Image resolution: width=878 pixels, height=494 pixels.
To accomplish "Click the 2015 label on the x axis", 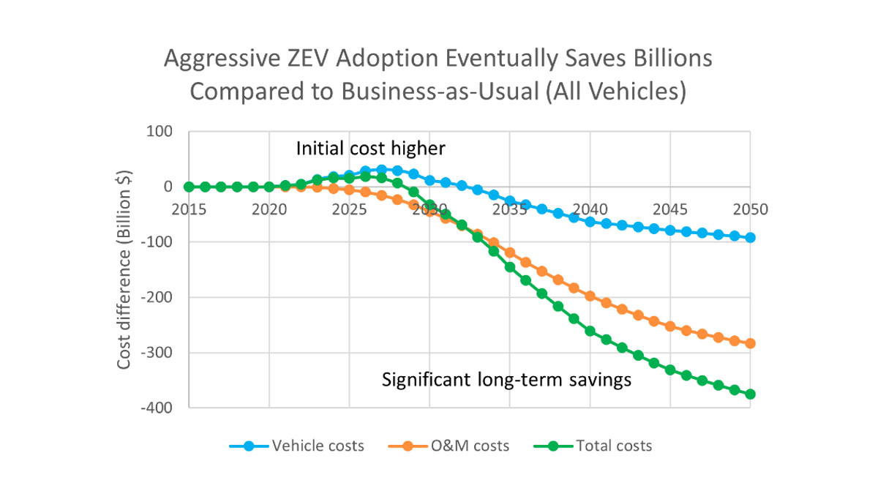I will pyautogui.click(x=190, y=209).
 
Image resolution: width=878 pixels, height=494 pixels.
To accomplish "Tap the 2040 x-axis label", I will pyautogui.click(x=590, y=209).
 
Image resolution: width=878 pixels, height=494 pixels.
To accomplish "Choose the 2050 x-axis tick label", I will pyautogui.click(x=749, y=209).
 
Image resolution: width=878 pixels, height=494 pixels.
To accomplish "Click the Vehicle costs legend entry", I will pyautogui.click(x=296, y=446).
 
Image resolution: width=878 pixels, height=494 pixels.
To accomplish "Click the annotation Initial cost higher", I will pyautogui.click(x=370, y=149).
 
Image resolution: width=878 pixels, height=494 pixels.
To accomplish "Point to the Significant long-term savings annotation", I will pyautogui.click(x=506, y=381).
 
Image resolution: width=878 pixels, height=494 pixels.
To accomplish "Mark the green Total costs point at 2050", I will pyautogui.click(x=750, y=394).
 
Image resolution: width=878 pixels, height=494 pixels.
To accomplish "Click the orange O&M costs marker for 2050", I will pyautogui.click(x=750, y=343).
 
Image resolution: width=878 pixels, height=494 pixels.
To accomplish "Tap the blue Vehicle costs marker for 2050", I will pyautogui.click(x=750, y=238).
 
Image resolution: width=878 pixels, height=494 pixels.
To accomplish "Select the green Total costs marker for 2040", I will pyautogui.click(x=590, y=331).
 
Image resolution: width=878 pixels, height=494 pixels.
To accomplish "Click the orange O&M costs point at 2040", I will pyautogui.click(x=590, y=296).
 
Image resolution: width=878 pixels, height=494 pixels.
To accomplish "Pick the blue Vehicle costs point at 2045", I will pyautogui.click(x=670, y=230).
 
